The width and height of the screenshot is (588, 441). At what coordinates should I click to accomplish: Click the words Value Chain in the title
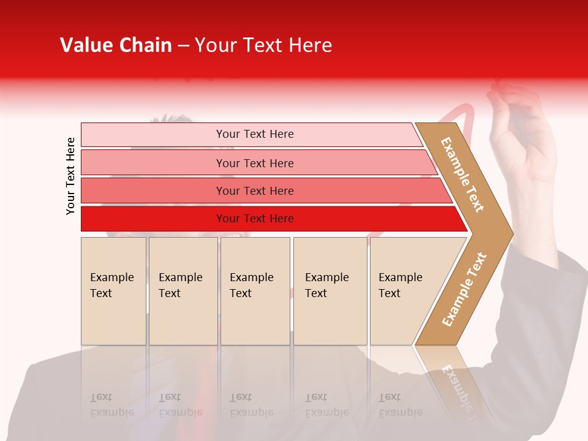[116, 45]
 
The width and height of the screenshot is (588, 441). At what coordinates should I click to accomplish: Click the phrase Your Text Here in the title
[263, 45]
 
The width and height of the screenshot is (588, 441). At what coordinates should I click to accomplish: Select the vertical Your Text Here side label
[70, 176]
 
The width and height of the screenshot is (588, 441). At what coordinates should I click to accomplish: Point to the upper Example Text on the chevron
[462, 175]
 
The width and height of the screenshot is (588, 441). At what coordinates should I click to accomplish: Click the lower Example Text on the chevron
[464, 289]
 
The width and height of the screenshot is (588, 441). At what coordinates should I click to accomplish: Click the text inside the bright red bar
[255, 219]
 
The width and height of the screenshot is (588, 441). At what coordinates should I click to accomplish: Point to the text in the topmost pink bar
[255, 134]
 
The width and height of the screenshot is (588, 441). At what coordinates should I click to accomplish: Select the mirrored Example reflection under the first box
[111, 412]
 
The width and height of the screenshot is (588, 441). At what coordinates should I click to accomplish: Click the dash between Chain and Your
[183, 46]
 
